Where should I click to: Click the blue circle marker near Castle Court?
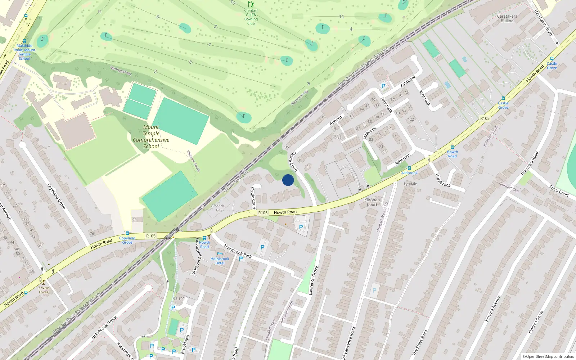point(288,180)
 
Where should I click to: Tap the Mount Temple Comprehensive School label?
point(151,137)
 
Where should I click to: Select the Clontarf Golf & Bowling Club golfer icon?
point(251,5)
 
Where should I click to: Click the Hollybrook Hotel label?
point(220,261)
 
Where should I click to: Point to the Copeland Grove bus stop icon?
point(127,233)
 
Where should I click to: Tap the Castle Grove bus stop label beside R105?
point(503,105)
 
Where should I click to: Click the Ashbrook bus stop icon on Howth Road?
point(409,168)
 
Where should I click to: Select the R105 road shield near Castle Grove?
point(485,118)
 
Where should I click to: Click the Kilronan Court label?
point(372,202)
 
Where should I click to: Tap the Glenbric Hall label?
point(218,208)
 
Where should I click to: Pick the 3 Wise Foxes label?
point(44,290)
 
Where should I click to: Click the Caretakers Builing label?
point(507,18)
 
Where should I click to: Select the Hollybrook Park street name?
point(238,251)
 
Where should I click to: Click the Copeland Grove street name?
point(57,196)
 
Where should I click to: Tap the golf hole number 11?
point(341,17)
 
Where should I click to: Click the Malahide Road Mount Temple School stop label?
point(24,52)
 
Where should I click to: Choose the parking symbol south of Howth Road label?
point(301,227)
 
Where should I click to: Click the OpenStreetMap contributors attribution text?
point(548,356)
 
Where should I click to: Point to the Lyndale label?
point(410,184)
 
